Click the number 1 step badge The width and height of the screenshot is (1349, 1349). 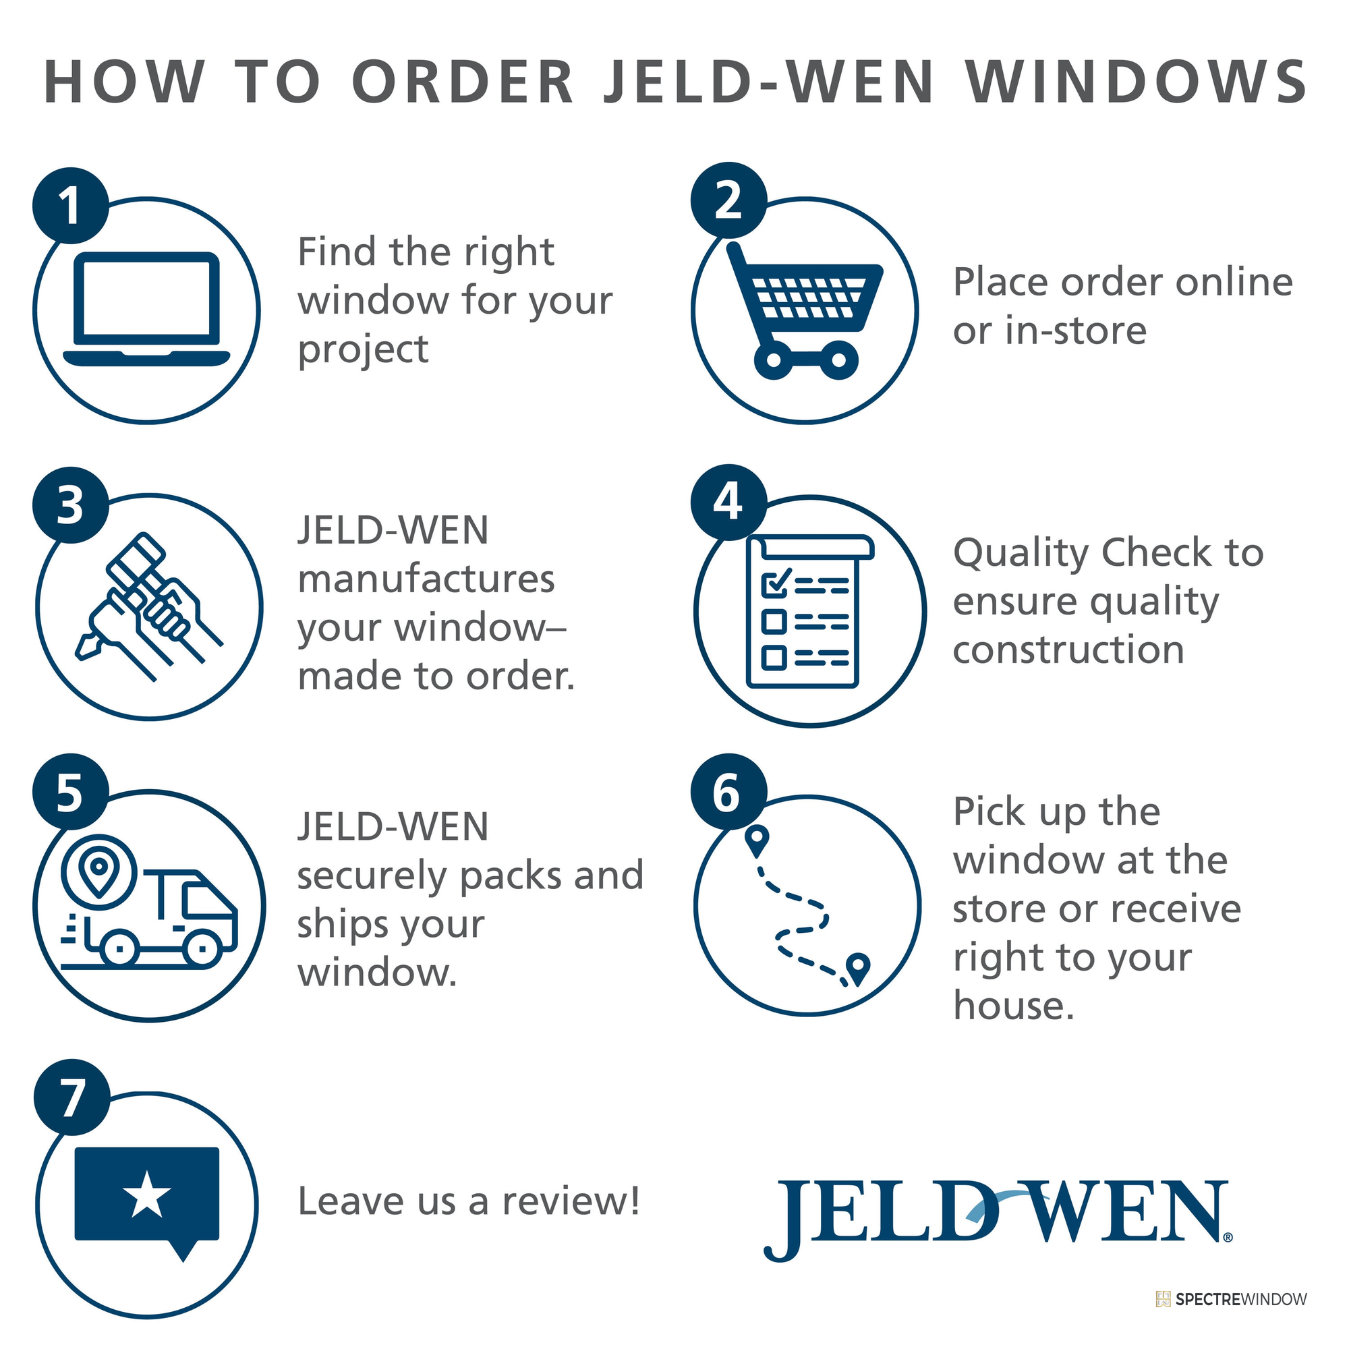coord(71,205)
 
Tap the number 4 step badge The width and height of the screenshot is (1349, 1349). coord(729,502)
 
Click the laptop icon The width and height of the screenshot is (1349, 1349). coord(146,309)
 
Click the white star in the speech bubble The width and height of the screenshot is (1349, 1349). coord(146,1195)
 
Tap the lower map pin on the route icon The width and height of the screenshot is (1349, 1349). coord(857,969)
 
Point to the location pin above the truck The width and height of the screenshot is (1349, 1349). coord(99,871)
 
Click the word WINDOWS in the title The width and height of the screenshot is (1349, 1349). coord(1136,82)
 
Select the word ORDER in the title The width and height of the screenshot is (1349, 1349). coord(467,82)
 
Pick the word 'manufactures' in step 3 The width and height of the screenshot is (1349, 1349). coord(426,579)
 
